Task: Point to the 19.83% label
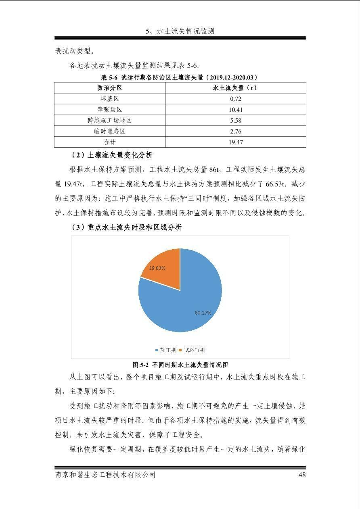(x=157, y=268)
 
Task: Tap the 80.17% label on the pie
(x=203, y=313)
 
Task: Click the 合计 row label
(x=109, y=142)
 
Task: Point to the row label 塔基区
(x=109, y=99)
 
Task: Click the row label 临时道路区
(x=109, y=131)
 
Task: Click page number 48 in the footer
(x=301, y=475)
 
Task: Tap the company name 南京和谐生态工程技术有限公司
(x=105, y=475)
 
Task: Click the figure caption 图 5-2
(x=180, y=365)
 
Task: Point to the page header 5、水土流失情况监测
(x=180, y=31)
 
